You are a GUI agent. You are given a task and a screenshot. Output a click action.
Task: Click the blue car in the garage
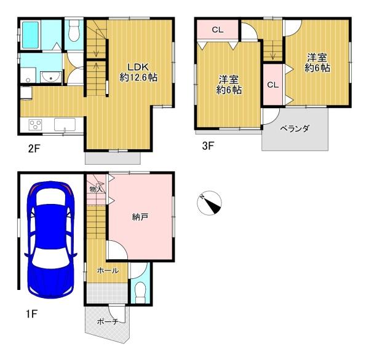point(50,240)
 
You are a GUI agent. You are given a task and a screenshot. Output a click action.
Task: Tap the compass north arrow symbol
point(209,203)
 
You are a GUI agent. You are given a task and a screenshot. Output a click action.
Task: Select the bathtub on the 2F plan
point(30,35)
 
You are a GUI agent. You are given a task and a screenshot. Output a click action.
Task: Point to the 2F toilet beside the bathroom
point(74,31)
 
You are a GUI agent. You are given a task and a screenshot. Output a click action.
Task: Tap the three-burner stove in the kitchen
point(35,125)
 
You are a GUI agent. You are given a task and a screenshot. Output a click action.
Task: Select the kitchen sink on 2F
point(65,124)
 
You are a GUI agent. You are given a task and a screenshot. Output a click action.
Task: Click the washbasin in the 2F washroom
point(50,77)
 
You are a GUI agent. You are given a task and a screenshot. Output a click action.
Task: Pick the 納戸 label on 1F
point(140,217)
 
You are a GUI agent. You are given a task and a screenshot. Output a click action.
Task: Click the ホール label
point(108,271)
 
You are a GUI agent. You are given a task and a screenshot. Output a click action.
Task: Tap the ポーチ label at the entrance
point(107,321)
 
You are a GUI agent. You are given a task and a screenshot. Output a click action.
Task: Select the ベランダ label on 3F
point(295,128)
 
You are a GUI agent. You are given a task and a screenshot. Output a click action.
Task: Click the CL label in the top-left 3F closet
point(218,30)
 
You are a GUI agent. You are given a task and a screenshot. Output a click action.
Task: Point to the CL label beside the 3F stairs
point(273,85)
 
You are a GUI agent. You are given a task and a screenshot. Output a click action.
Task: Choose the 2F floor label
point(34,149)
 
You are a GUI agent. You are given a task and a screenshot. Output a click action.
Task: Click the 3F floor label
point(208,146)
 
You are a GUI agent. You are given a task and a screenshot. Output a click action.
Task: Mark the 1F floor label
point(32,314)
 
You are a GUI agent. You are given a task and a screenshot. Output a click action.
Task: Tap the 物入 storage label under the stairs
point(96,189)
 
